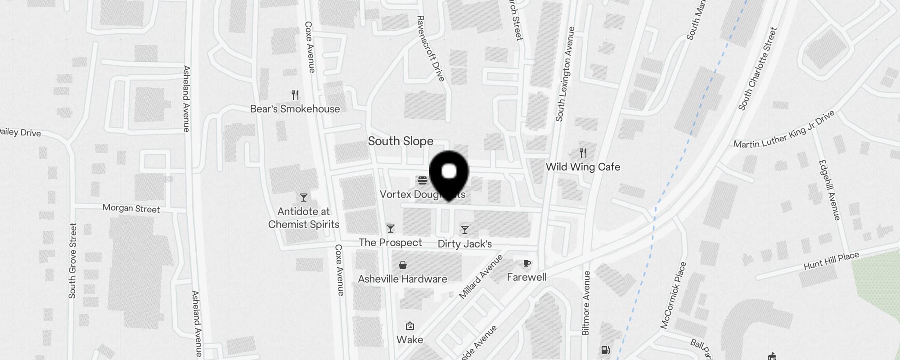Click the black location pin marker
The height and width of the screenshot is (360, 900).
point(449,173)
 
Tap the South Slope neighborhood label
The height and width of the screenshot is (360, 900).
point(400,141)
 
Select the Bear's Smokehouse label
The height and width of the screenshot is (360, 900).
point(295,109)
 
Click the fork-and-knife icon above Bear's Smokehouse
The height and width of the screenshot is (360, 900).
point(295,95)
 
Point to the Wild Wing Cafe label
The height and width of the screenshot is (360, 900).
point(583,167)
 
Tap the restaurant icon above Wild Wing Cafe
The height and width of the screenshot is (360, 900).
point(583,153)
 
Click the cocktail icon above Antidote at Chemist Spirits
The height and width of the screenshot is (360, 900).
point(304,197)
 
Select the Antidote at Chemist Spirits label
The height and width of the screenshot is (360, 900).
point(304,218)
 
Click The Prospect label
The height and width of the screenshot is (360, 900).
point(390,243)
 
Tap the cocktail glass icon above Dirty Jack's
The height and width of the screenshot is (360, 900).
point(465,230)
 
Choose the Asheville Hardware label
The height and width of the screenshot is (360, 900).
point(402,279)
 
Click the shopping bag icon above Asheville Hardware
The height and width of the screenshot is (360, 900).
point(403,265)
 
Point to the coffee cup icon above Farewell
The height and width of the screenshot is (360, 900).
point(527,263)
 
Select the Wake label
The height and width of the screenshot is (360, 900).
point(409,339)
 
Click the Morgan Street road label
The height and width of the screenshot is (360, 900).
point(131,208)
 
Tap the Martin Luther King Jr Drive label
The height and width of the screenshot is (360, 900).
point(784,130)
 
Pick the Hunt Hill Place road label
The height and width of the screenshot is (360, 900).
point(831,261)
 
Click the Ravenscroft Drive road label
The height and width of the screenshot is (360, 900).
point(431,49)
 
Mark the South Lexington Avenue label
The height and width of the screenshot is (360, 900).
point(565,74)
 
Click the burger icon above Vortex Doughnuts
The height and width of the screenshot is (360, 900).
point(423,180)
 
